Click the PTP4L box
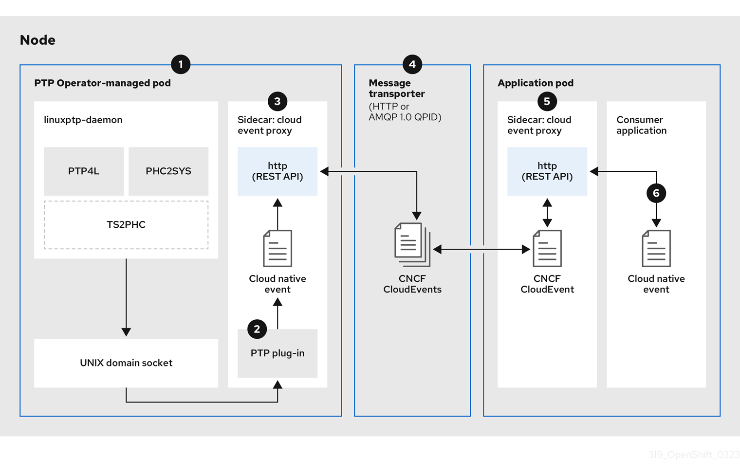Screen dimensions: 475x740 [84, 171]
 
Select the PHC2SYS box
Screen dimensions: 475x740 [168, 171]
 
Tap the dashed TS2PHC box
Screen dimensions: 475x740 [126, 225]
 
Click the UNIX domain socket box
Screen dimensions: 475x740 [126, 363]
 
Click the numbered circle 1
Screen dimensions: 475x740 [181, 64]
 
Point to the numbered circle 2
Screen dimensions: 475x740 [257, 329]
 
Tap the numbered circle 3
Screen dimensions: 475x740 [277, 101]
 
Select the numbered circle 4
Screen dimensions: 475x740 [412, 64]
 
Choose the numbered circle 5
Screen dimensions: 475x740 [547, 101]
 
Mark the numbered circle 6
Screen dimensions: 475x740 [656, 193]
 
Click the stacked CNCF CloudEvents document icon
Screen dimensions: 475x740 [412, 244]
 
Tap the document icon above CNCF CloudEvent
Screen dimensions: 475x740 [547, 249]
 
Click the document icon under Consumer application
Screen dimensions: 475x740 [656, 249]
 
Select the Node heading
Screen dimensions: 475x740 [37, 40]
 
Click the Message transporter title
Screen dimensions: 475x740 [396, 88]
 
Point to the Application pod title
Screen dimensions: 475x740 [536, 83]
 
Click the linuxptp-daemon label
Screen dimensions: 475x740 [83, 120]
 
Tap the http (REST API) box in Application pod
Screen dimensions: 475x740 [547, 171]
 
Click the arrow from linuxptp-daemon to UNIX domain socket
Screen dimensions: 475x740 [126, 297]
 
